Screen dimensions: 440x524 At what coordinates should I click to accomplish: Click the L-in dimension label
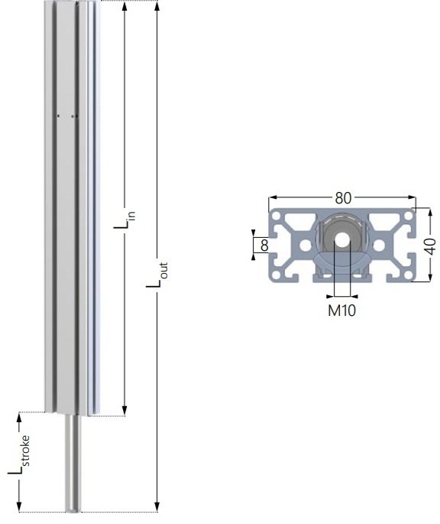[x=125, y=220]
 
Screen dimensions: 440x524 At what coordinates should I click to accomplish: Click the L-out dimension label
[x=157, y=275]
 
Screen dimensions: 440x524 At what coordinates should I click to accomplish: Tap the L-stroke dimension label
[x=18, y=455]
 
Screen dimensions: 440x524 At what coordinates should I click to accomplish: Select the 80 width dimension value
[x=343, y=198]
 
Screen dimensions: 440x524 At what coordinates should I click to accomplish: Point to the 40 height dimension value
[x=431, y=246]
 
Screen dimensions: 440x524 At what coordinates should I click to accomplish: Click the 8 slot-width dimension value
[x=264, y=246]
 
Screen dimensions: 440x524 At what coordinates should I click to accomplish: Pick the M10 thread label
[x=342, y=311]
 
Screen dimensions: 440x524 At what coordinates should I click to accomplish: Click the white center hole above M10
[x=341, y=239]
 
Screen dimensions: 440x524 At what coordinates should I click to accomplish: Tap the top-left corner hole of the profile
[x=276, y=216]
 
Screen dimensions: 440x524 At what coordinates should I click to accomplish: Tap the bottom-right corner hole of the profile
[x=408, y=275]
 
